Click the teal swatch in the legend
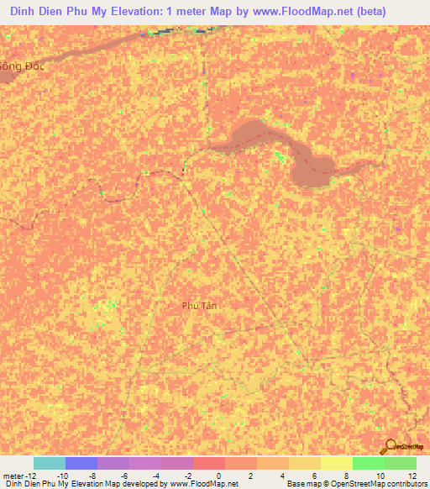pyautogui.click(x=49, y=463)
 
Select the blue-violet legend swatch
pyautogui.click(x=81, y=463)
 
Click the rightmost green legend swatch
pyautogui.click(x=401, y=463)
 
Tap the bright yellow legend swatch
pyautogui.click(x=337, y=463)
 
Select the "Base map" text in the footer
pyautogui.click(x=304, y=484)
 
